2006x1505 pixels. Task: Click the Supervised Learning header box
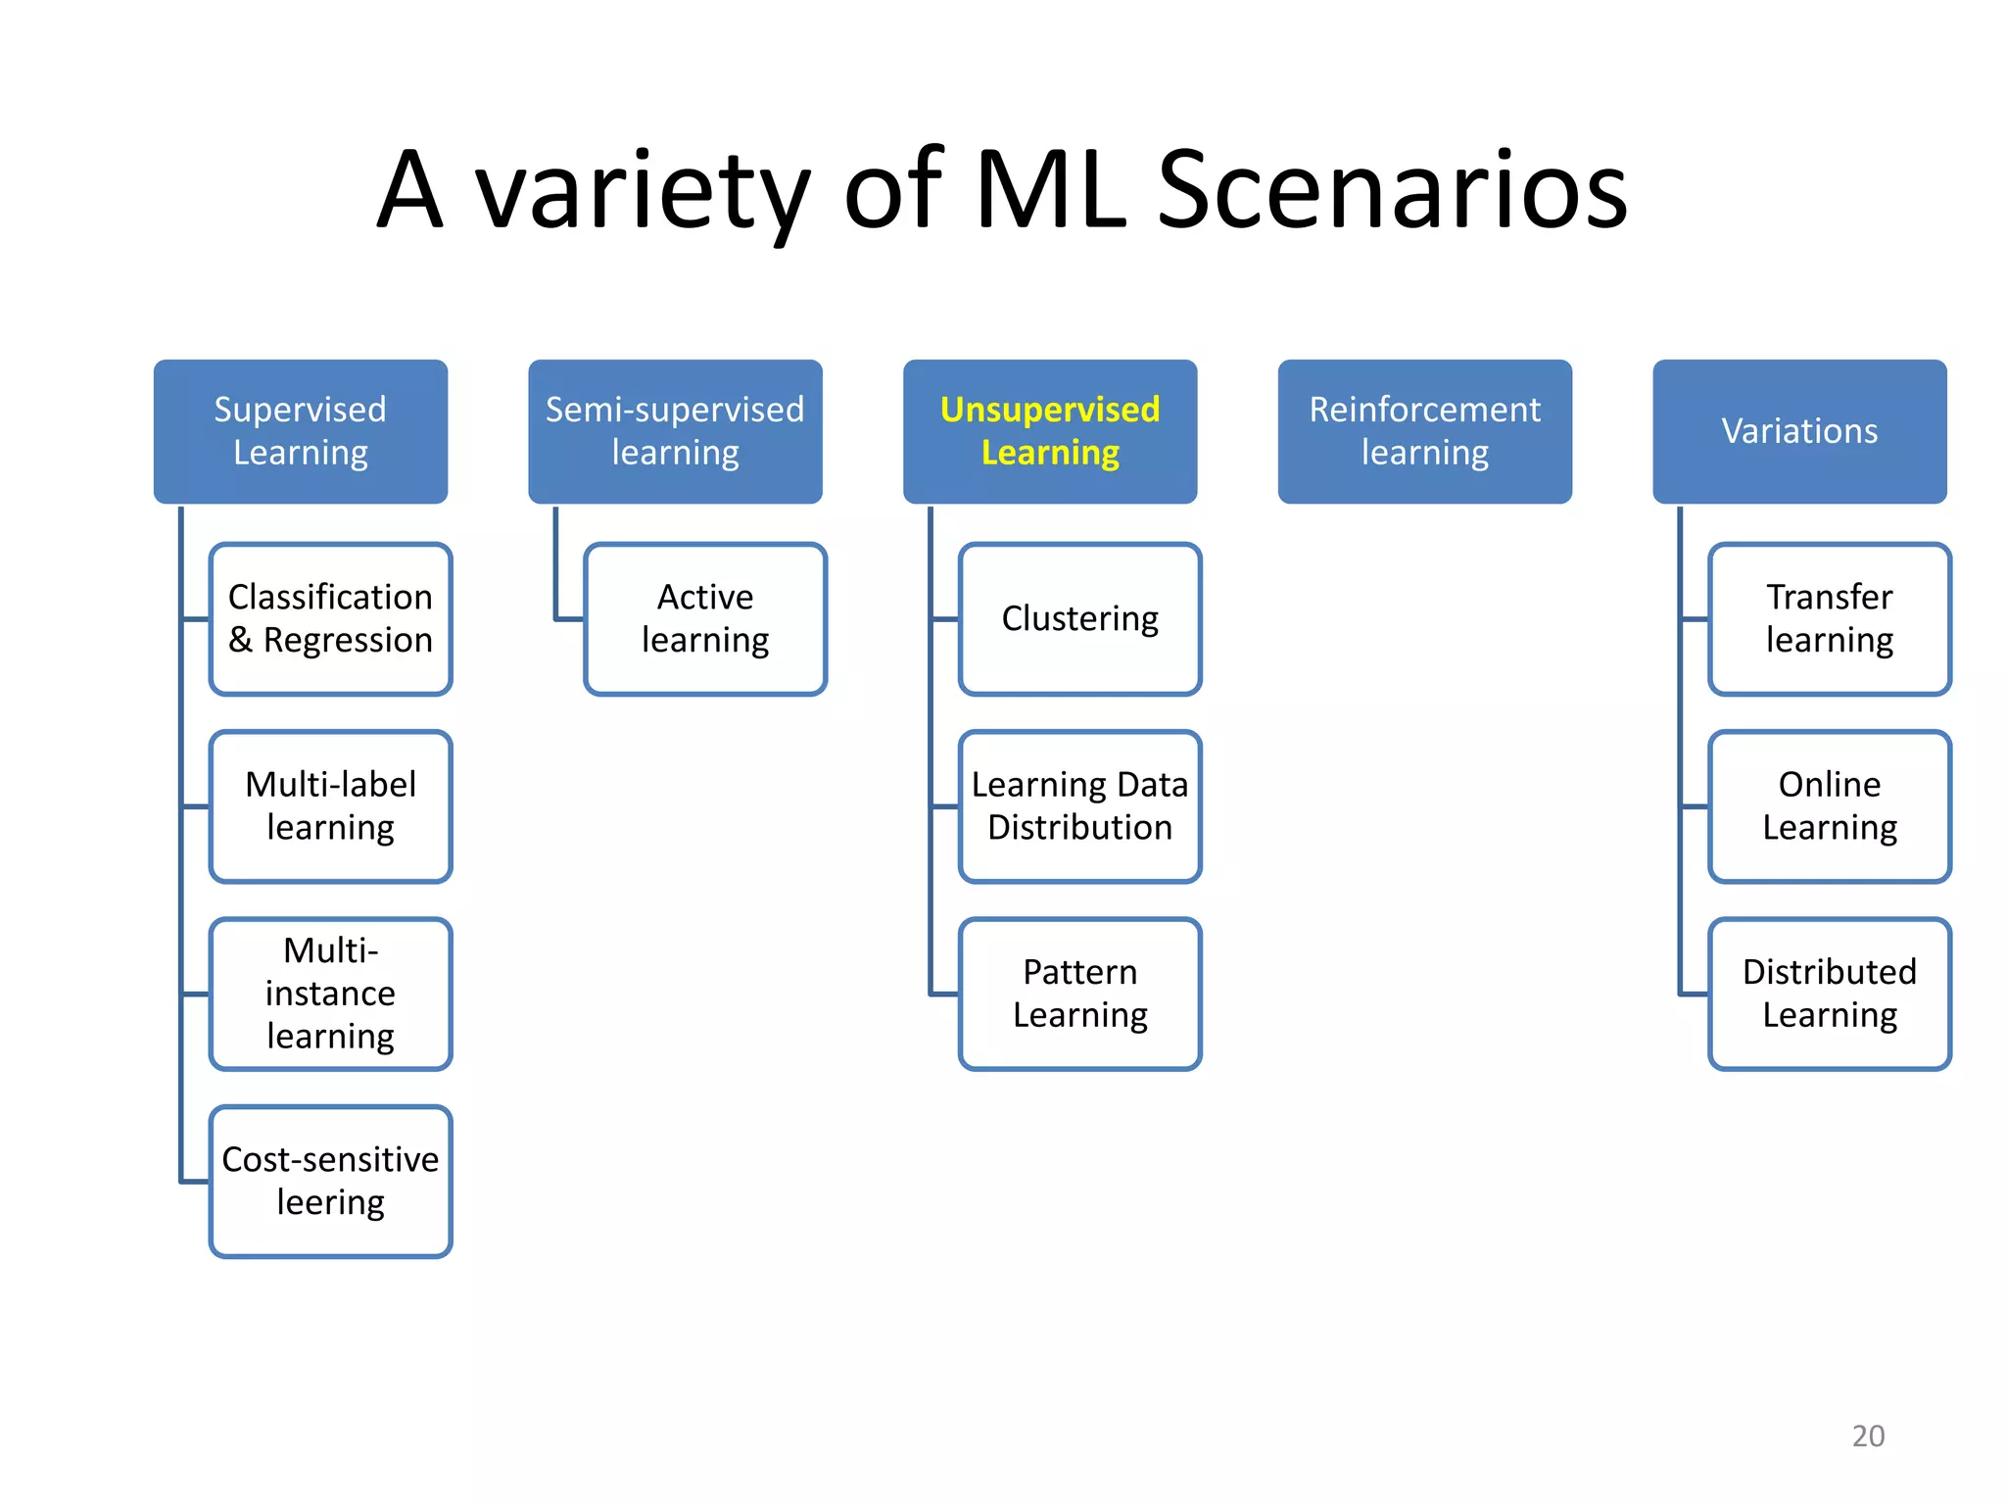click(x=301, y=431)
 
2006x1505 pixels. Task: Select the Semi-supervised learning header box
click(x=675, y=431)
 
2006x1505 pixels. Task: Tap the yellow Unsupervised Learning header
click(x=1050, y=431)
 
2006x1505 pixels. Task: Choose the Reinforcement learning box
click(x=1424, y=431)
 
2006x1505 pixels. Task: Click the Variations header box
click(x=1799, y=431)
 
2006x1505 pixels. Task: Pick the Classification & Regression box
click(x=331, y=618)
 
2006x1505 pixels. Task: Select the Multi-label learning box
click(x=331, y=806)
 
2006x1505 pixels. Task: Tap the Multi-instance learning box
click(x=331, y=994)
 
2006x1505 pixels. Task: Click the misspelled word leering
click(x=331, y=1202)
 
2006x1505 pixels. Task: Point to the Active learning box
click(x=705, y=618)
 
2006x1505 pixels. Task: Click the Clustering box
click(x=1080, y=618)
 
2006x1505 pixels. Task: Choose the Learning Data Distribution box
click(x=1080, y=806)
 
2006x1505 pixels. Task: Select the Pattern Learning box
click(x=1080, y=994)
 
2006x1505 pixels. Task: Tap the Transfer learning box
click(x=1830, y=618)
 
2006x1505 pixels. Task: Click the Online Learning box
click(x=1830, y=806)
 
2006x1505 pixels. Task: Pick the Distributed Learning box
click(x=1830, y=994)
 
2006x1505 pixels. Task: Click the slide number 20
click(x=1868, y=1435)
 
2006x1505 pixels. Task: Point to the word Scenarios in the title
click(x=1392, y=191)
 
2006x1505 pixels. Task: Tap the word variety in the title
click(x=643, y=191)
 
